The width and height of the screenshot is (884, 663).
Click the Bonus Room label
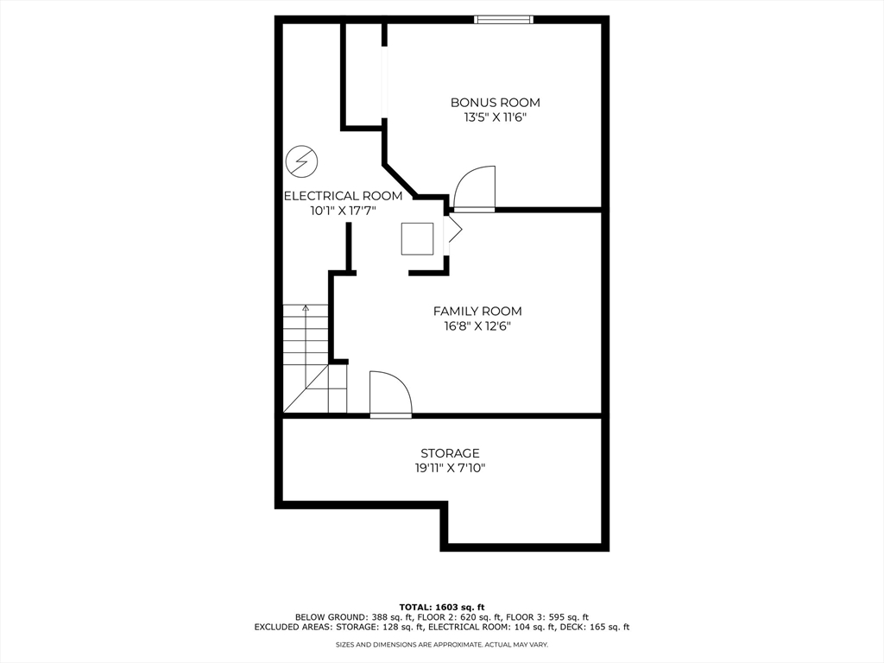[x=495, y=103]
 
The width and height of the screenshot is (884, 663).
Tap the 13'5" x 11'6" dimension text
[x=495, y=117]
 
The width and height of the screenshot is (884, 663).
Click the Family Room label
[x=477, y=312]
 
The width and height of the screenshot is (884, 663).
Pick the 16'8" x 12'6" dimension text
[x=477, y=326]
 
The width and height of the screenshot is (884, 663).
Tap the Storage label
[x=450, y=453]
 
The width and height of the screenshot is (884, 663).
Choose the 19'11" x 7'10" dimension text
[x=450, y=468]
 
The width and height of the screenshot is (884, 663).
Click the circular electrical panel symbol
[x=302, y=161]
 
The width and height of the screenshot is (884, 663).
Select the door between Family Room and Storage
[x=390, y=395]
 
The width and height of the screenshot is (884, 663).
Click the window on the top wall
[x=503, y=19]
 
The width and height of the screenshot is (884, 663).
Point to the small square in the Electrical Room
[x=417, y=238]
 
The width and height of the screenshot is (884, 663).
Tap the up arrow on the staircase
[x=306, y=308]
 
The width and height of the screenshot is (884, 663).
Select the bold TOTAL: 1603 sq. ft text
[x=441, y=606]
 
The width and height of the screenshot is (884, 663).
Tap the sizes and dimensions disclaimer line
[x=441, y=645]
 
